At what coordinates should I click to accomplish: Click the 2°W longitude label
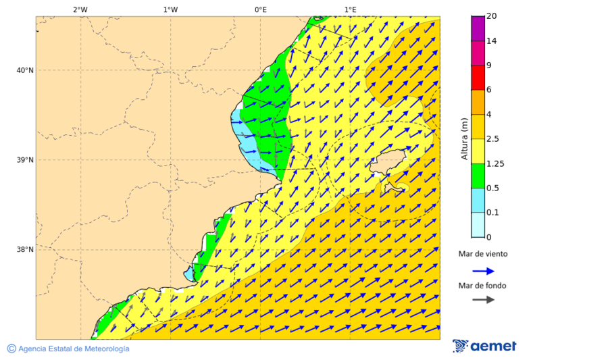point(80,9)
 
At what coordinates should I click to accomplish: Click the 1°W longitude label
point(170,9)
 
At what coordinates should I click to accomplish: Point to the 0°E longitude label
point(260,9)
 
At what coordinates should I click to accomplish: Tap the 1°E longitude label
point(351,9)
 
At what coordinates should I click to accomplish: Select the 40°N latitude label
point(24,70)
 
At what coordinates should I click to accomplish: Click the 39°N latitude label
point(24,160)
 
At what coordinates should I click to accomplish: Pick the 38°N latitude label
point(24,250)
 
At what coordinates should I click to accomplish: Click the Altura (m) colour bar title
point(465,139)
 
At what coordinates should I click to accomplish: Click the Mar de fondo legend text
point(482,286)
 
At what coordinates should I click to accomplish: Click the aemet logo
point(484,346)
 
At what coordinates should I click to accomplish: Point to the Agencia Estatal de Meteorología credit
point(68,349)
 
